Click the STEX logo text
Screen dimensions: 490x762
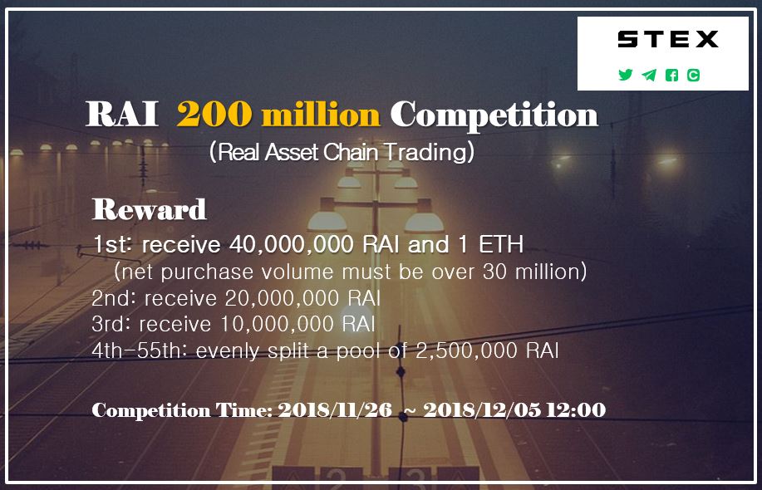[668, 39]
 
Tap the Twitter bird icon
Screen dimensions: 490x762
[626, 75]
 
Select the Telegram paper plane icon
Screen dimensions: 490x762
[649, 75]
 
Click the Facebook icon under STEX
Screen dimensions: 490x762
[671, 75]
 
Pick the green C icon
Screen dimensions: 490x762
[693, 75]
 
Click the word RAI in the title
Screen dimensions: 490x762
[121, 115]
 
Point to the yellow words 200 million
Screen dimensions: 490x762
[278, 115]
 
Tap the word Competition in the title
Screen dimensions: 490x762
[494, 115]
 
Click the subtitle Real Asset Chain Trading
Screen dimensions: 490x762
[342, 152]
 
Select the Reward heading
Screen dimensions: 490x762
[149, 209]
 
